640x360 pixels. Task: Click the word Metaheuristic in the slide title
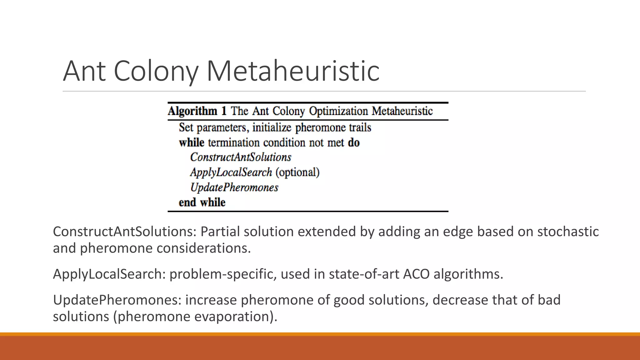tap(293, 71)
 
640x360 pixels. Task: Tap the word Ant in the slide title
tap(84, 71)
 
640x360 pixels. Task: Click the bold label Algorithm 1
tap(197, 111)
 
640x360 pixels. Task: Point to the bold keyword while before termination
tap(192, 143)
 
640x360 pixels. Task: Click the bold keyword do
tap(354, 143)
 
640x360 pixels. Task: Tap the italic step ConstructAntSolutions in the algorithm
tap(241, 157)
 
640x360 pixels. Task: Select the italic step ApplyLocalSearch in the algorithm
tap(231, 172)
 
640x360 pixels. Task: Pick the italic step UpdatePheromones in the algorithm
tap(234, 187)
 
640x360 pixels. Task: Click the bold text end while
tap(202, 202)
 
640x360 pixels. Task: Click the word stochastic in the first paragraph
tap(568, 232)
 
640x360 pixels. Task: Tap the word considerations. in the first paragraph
tap(204, 248)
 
